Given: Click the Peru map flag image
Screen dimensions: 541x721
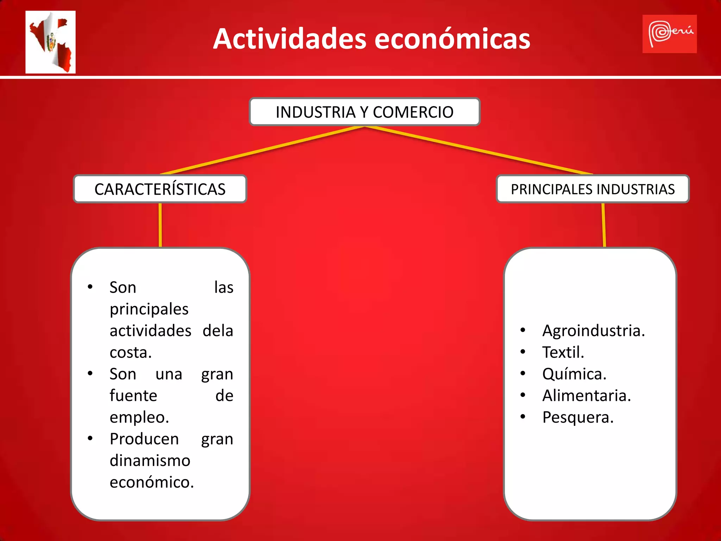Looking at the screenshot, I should coord(50,42).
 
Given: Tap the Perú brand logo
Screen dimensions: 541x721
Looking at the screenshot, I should coord(669,34).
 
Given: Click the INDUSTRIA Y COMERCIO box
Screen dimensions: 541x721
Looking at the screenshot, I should coord(364,112).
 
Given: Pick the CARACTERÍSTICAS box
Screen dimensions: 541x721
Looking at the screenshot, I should coord(160,189).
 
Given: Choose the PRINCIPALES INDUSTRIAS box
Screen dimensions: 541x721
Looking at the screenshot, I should coord(593,189).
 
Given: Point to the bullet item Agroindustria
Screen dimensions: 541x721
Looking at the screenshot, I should coord(593,331).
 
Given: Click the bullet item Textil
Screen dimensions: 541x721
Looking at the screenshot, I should coord(563,352).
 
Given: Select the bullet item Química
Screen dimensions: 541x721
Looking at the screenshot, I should coord(574,374).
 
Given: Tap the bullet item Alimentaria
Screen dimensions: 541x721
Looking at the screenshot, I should coord(586,396).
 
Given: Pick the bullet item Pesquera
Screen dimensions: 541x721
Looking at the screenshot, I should coord(578,417).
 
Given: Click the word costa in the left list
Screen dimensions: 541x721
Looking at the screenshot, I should coord(130,352).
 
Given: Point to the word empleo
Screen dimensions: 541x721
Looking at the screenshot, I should coord(139,417).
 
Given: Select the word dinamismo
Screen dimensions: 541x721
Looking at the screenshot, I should coord(150,461).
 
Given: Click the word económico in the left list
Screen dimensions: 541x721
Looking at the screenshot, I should coord(151,482).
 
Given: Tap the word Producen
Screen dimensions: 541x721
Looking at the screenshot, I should coord(144,439).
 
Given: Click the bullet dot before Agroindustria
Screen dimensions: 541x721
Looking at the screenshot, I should coord(523,330).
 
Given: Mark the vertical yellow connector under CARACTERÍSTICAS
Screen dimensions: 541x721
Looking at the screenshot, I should coord(160,225).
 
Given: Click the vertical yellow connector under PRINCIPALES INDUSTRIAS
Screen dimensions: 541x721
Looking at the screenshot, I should coord(604,225).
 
